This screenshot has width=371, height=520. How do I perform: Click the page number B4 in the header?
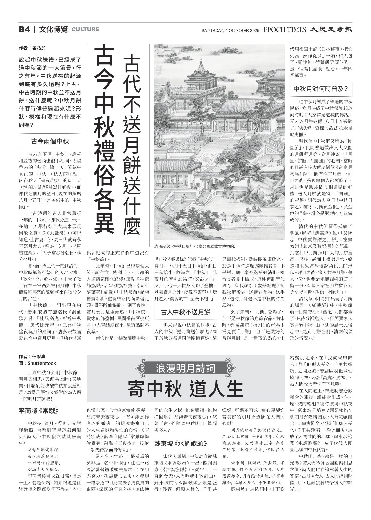pyautogui.click(x=24, y=30)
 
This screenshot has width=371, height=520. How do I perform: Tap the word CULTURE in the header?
pyautogui.click(x=85, y=30)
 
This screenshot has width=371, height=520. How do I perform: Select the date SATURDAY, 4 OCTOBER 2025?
pyautogui.click(x=230, y=31)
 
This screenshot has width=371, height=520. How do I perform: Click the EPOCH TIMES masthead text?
pyautogui.click(x=285, y=30)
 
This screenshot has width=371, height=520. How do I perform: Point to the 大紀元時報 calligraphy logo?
pyautogui.click(x=331, y=30)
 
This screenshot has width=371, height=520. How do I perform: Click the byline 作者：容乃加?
pyautogui.click(x=32, y=48)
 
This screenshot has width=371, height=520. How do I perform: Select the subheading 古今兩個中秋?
pyautogui.click(x=50, y=141)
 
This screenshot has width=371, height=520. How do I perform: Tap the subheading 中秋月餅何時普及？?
pyautogui.click(x=321, y=89)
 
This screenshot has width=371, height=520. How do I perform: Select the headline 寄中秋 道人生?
pyautogui.click(x=185, y=389)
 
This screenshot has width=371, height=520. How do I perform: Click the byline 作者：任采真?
pyautogui.click(x=32, y=357)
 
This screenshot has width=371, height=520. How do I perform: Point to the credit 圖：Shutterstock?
pyautogui.click(x=37, y=363)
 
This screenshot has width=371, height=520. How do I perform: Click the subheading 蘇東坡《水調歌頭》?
pyautogui.click(x=180, y=443)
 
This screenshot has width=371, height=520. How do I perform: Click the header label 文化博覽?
pyautogui.click(x=54, y=30)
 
